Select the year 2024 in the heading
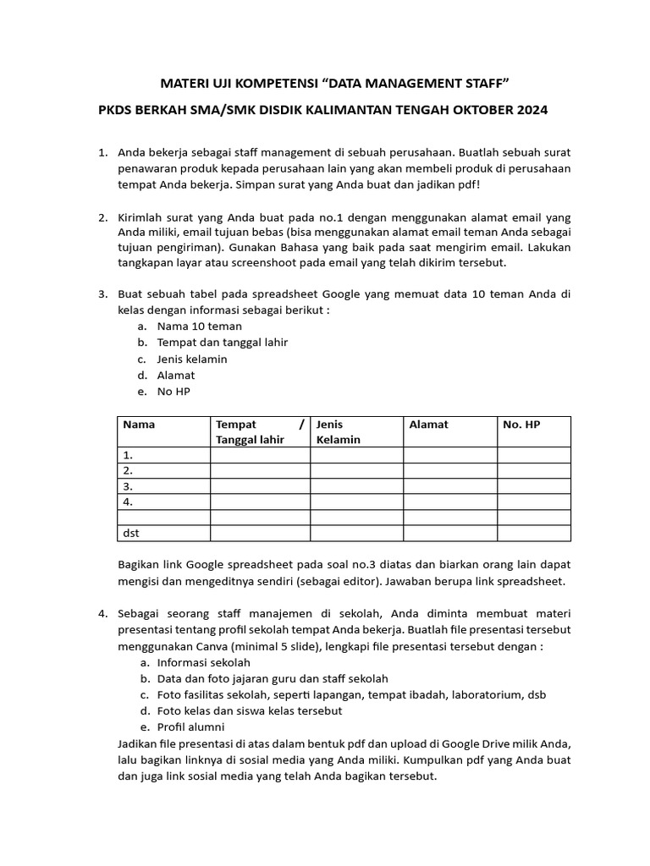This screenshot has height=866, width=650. tap(528, 110)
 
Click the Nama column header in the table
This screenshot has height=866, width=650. tap(139, 425)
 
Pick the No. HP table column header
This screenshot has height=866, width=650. tap(521, 425)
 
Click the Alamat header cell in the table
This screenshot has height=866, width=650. tap(428, 425)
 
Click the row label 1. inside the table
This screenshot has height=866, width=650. tap(129, 455)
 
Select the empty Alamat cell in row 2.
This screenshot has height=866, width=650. tap(449, 470)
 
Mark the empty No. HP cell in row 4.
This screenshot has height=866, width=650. tap(533, 502)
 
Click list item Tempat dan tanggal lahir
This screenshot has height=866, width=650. tap(222, 343)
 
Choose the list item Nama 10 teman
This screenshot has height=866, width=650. tap(199, 326)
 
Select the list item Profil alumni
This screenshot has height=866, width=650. tap(190, 726)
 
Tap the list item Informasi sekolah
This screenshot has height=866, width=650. tap(203, 662)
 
